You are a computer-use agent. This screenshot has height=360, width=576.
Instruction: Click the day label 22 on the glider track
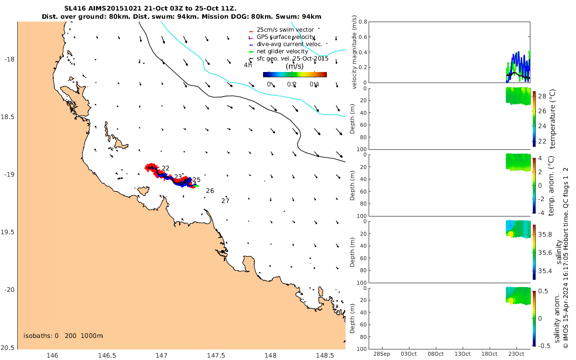(x=166, y=168)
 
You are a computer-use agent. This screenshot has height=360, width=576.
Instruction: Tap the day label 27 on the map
(x=225, y=201)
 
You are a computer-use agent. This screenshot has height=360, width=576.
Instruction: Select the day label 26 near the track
(x=210, y=191)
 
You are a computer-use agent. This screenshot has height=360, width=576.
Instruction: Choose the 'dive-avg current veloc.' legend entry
(x=289, y=44)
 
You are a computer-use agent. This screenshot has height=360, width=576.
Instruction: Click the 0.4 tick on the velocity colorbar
(x=314, y=85)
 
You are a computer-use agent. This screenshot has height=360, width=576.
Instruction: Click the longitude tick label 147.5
(x=216, y=356)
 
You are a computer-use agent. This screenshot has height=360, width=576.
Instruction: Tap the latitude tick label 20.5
(x=9, y=348)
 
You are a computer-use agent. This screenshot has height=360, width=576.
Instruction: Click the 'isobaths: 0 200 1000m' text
(x=63, y=336)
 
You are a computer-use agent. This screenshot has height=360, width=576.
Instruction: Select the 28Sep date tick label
(x=382, y=354)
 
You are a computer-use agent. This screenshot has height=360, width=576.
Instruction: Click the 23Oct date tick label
(x=516, y=354)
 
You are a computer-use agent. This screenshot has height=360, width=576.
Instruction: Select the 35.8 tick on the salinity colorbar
(x=543, y=235)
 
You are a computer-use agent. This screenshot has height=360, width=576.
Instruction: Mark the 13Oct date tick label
(x=462, y=354)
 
